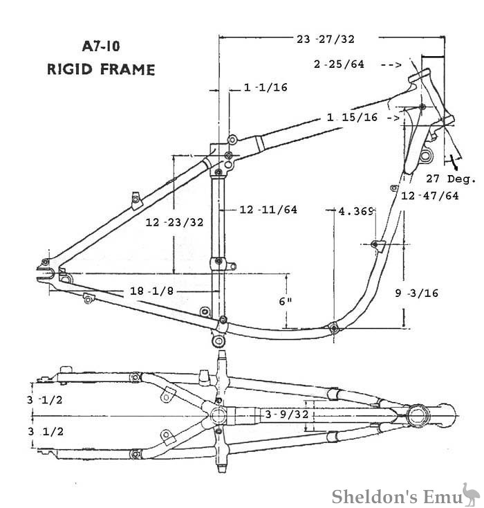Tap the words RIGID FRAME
(x=101, y=69)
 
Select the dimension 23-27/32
(x=326, y=39)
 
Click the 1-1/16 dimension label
(x=266, y=87)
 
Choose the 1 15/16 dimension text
(x=352, y=118)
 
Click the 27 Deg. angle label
(x=452, y=179)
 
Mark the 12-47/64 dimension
(x=430, y=196)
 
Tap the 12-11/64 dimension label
(x=268, y=209)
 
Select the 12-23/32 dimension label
(x=175, y=222)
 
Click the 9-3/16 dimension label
(x=417, y=293)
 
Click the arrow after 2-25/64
(x=391, y=64)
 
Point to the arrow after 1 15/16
(x=391, y=118)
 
